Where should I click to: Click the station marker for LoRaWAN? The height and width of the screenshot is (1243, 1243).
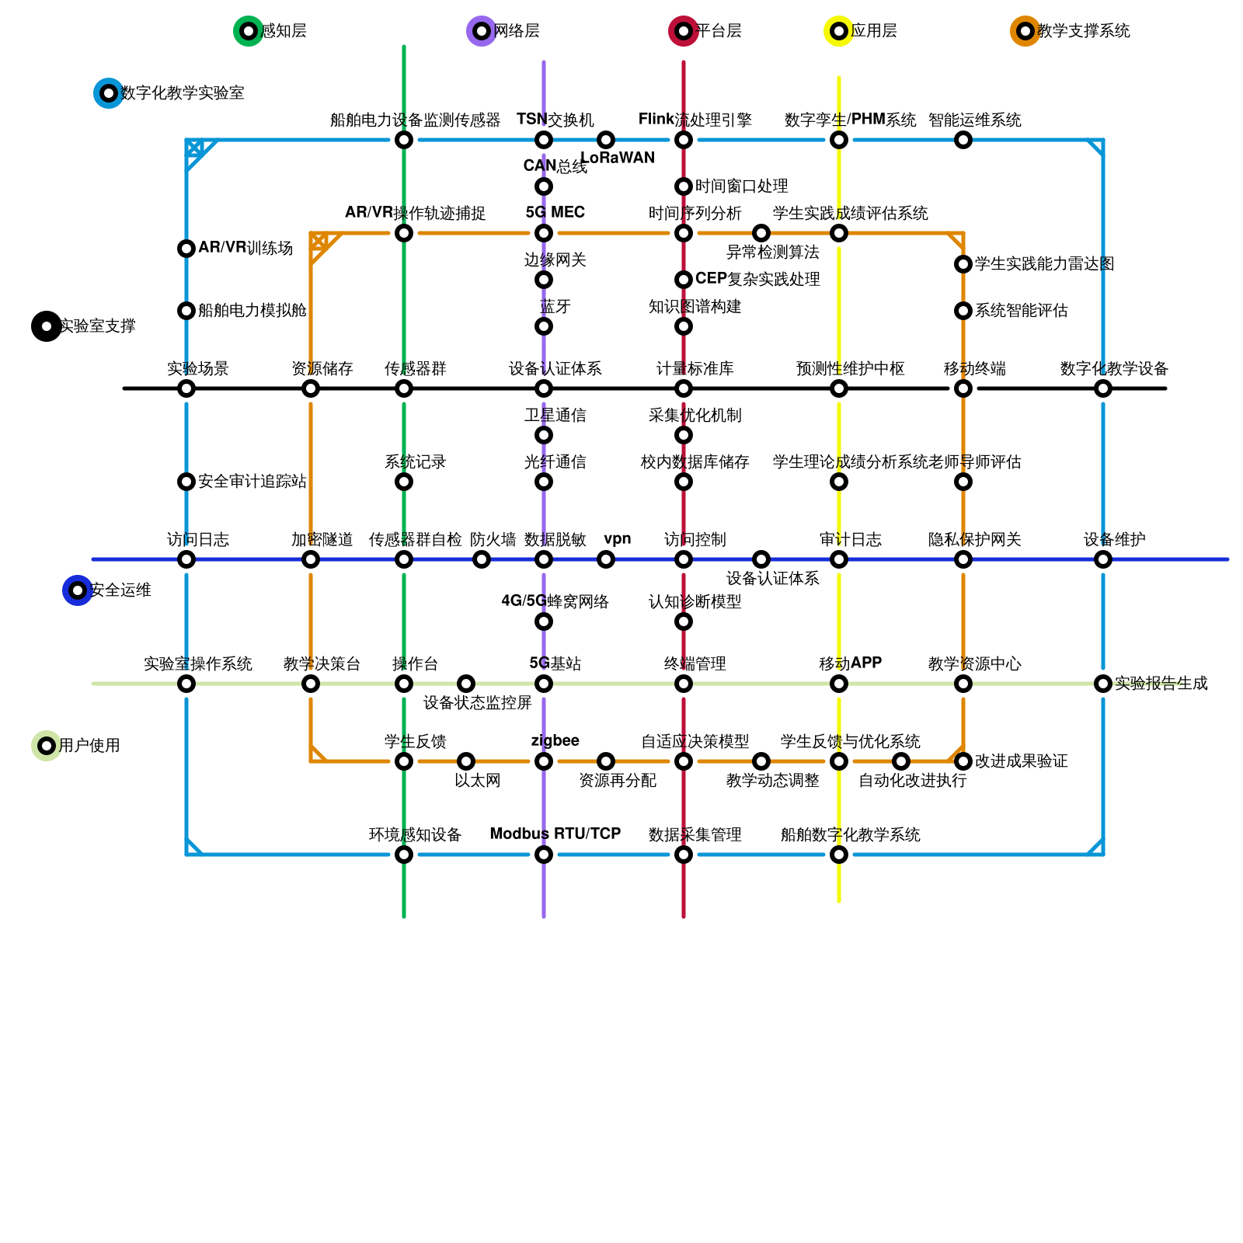[606, 140]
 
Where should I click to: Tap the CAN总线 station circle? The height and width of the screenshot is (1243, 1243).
[544, 186]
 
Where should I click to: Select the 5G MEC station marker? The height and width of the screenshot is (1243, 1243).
[544, 233]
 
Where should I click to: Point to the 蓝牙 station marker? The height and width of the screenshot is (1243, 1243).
[544, 326]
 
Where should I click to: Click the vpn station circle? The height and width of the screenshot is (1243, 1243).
[606, 559]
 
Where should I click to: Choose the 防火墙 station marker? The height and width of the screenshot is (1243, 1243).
[482, 559]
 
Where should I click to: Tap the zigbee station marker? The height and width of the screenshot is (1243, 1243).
[544, 761]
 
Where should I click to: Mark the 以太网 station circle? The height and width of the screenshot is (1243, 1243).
[466, 761]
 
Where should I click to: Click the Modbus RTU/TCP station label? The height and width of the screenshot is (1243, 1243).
[555, 834]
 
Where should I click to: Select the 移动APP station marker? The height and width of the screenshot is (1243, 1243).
[839, 684]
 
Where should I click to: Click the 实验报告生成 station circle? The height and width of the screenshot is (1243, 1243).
[1103, 684]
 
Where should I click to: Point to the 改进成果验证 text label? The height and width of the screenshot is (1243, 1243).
[1021, 761]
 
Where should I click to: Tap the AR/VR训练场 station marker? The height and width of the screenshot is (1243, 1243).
[186, 249]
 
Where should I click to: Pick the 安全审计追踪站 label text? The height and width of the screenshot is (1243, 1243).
[252, 482]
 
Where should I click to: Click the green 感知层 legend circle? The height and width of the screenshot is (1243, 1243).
[249, 31]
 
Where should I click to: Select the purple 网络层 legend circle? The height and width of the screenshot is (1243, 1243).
[482, 31]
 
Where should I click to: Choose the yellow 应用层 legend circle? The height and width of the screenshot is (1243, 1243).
[839, 31]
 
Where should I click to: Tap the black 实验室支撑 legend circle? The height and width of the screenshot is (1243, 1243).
[47, 326]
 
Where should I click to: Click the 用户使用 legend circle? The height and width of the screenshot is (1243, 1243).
[47, 746]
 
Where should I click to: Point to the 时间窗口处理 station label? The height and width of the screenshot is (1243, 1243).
[741, 186]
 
